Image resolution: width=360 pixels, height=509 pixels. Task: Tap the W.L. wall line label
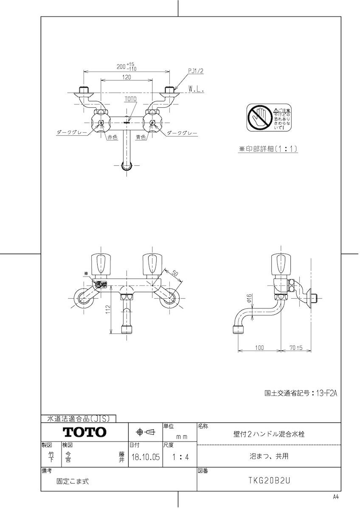tap(196, 89)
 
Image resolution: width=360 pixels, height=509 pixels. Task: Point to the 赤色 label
tap(112, 137)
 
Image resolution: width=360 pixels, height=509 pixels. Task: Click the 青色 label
tap(141, 137)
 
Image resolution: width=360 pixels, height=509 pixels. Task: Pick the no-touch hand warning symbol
tap(259, 117)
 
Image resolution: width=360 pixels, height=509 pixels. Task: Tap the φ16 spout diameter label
tap(250, 299)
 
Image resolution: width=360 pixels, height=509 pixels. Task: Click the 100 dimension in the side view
tap(259, 348)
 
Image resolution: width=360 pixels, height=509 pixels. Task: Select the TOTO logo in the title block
tap(84, 432)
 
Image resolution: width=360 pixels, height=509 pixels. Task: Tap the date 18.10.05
tap(145, 458)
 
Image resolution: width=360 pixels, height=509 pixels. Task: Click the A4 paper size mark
tap(336, 497)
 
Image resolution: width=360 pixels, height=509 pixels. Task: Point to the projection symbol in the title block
tap(145, 432)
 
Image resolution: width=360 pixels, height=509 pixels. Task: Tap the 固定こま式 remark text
tap(73, 481)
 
